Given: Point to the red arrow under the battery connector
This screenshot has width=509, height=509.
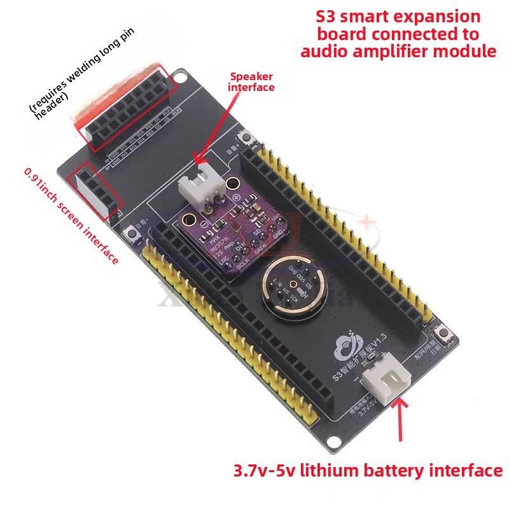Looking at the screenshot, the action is tap(401, 420).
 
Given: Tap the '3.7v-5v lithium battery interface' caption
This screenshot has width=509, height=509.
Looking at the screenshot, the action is tap(368, 471).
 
